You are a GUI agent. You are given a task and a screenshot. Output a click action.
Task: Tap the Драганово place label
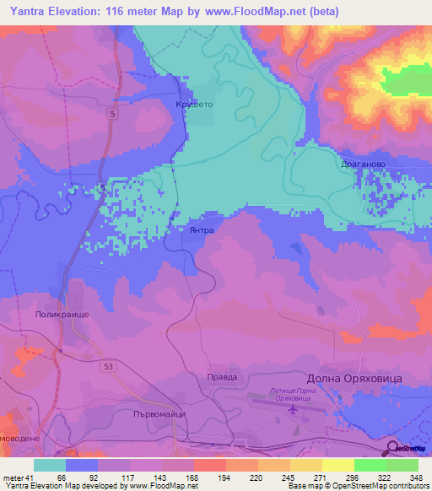tap(363, 165)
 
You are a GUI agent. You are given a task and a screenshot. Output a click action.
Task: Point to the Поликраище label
tap(62, 313)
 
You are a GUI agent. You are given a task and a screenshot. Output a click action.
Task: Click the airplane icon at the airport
tap(293, 410)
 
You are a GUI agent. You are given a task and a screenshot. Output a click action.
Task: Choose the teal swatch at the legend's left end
tap(49, 465)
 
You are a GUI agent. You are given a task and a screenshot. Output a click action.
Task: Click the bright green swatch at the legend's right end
tap(402, 465)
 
